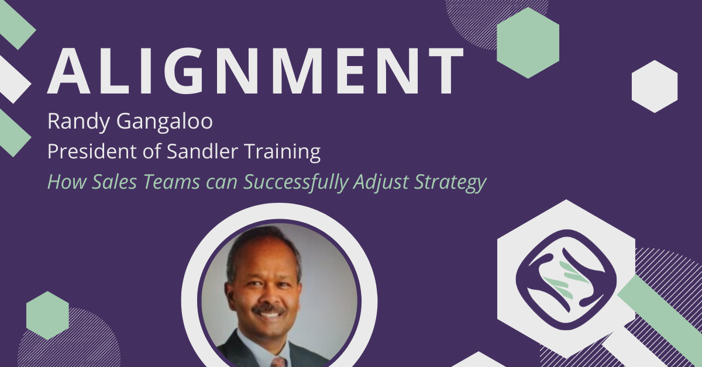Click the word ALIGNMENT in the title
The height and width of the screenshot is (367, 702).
(256, 71)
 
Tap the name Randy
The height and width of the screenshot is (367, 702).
(78, 122)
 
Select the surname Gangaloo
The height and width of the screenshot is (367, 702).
(164, 122)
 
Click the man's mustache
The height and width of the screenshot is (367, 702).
(269, 309)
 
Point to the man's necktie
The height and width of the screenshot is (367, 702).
(279, 362)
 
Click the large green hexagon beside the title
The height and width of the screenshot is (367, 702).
(528, 43)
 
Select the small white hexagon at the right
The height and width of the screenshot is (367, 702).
(655, 86)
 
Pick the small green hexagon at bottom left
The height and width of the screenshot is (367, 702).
(47, 316)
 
